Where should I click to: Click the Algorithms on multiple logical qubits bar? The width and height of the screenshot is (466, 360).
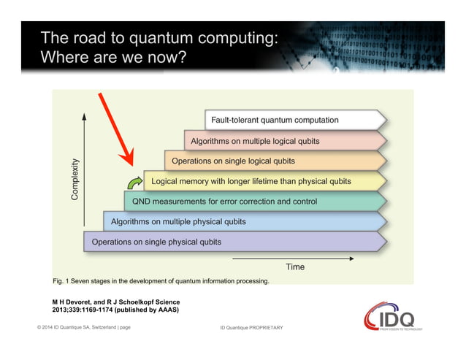[x=285, y=141]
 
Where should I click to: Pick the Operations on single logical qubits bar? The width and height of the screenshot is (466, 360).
[x=275, y=161]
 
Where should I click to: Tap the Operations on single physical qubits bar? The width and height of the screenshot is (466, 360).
[x=234, y=242]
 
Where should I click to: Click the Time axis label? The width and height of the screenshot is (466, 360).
[x=295, y=267]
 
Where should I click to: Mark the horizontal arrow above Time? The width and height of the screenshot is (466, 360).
[x=292, y=258]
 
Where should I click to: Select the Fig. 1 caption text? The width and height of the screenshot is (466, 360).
[x=161, y=280]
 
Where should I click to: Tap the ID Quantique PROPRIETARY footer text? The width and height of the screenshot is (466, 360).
[x=251, y=328]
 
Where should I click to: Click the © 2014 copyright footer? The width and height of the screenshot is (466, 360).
[x=83, y=327]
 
